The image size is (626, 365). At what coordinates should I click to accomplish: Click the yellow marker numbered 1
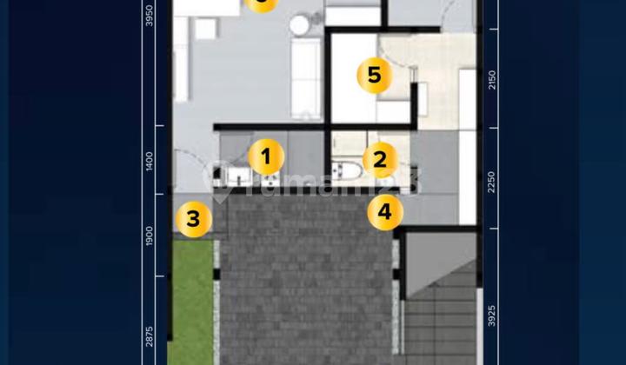point(266,157)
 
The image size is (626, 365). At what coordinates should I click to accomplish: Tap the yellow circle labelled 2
point(380,160)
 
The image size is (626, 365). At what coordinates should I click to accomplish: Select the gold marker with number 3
point(193,219)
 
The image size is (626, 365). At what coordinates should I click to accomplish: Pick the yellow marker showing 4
point(385,211)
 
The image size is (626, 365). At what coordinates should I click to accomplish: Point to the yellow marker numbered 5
point(374,76)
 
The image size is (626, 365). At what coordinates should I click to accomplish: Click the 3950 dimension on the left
point(150,17)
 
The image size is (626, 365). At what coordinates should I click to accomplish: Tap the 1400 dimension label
point(150,162)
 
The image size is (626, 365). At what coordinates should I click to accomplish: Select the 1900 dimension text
point(150,236)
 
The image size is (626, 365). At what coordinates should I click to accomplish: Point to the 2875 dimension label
point(150,336)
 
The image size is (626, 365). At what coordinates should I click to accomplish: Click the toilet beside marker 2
point(348,171)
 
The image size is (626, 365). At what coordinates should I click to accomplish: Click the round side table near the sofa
point(300,24)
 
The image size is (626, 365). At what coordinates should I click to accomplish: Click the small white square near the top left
point(206,29)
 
